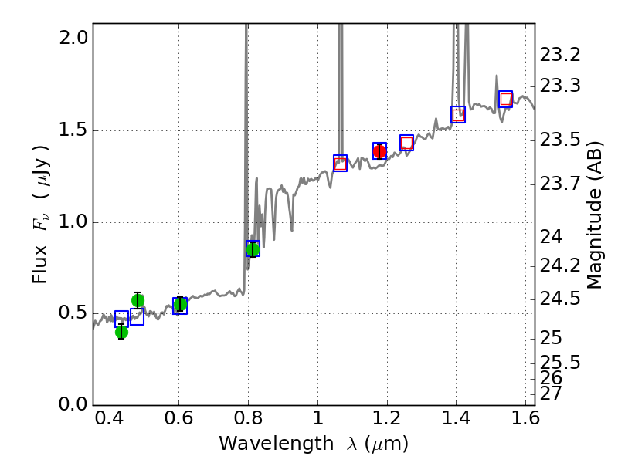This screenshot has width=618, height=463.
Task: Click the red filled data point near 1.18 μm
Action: click(x=379, y=151)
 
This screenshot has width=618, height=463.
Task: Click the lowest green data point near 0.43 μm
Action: click(x=121, y=332)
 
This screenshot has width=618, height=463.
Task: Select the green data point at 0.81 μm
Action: click(x=253, y=248)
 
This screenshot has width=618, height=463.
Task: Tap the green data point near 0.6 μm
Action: click(x=180, y=305)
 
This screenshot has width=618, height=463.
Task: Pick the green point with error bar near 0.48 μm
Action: click(x=138, y=300)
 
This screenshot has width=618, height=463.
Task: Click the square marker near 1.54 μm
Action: click(x=505, y=99)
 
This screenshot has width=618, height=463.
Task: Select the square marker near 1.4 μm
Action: click(x=458, y=115)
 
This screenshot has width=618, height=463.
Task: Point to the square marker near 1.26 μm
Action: click(x=406, y=143)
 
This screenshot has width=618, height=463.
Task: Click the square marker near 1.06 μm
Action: click(x=340, y=163)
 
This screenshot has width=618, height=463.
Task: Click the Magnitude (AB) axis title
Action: click(x=594, y=215)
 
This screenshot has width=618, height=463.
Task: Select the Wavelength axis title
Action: click(x=314, y=444)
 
